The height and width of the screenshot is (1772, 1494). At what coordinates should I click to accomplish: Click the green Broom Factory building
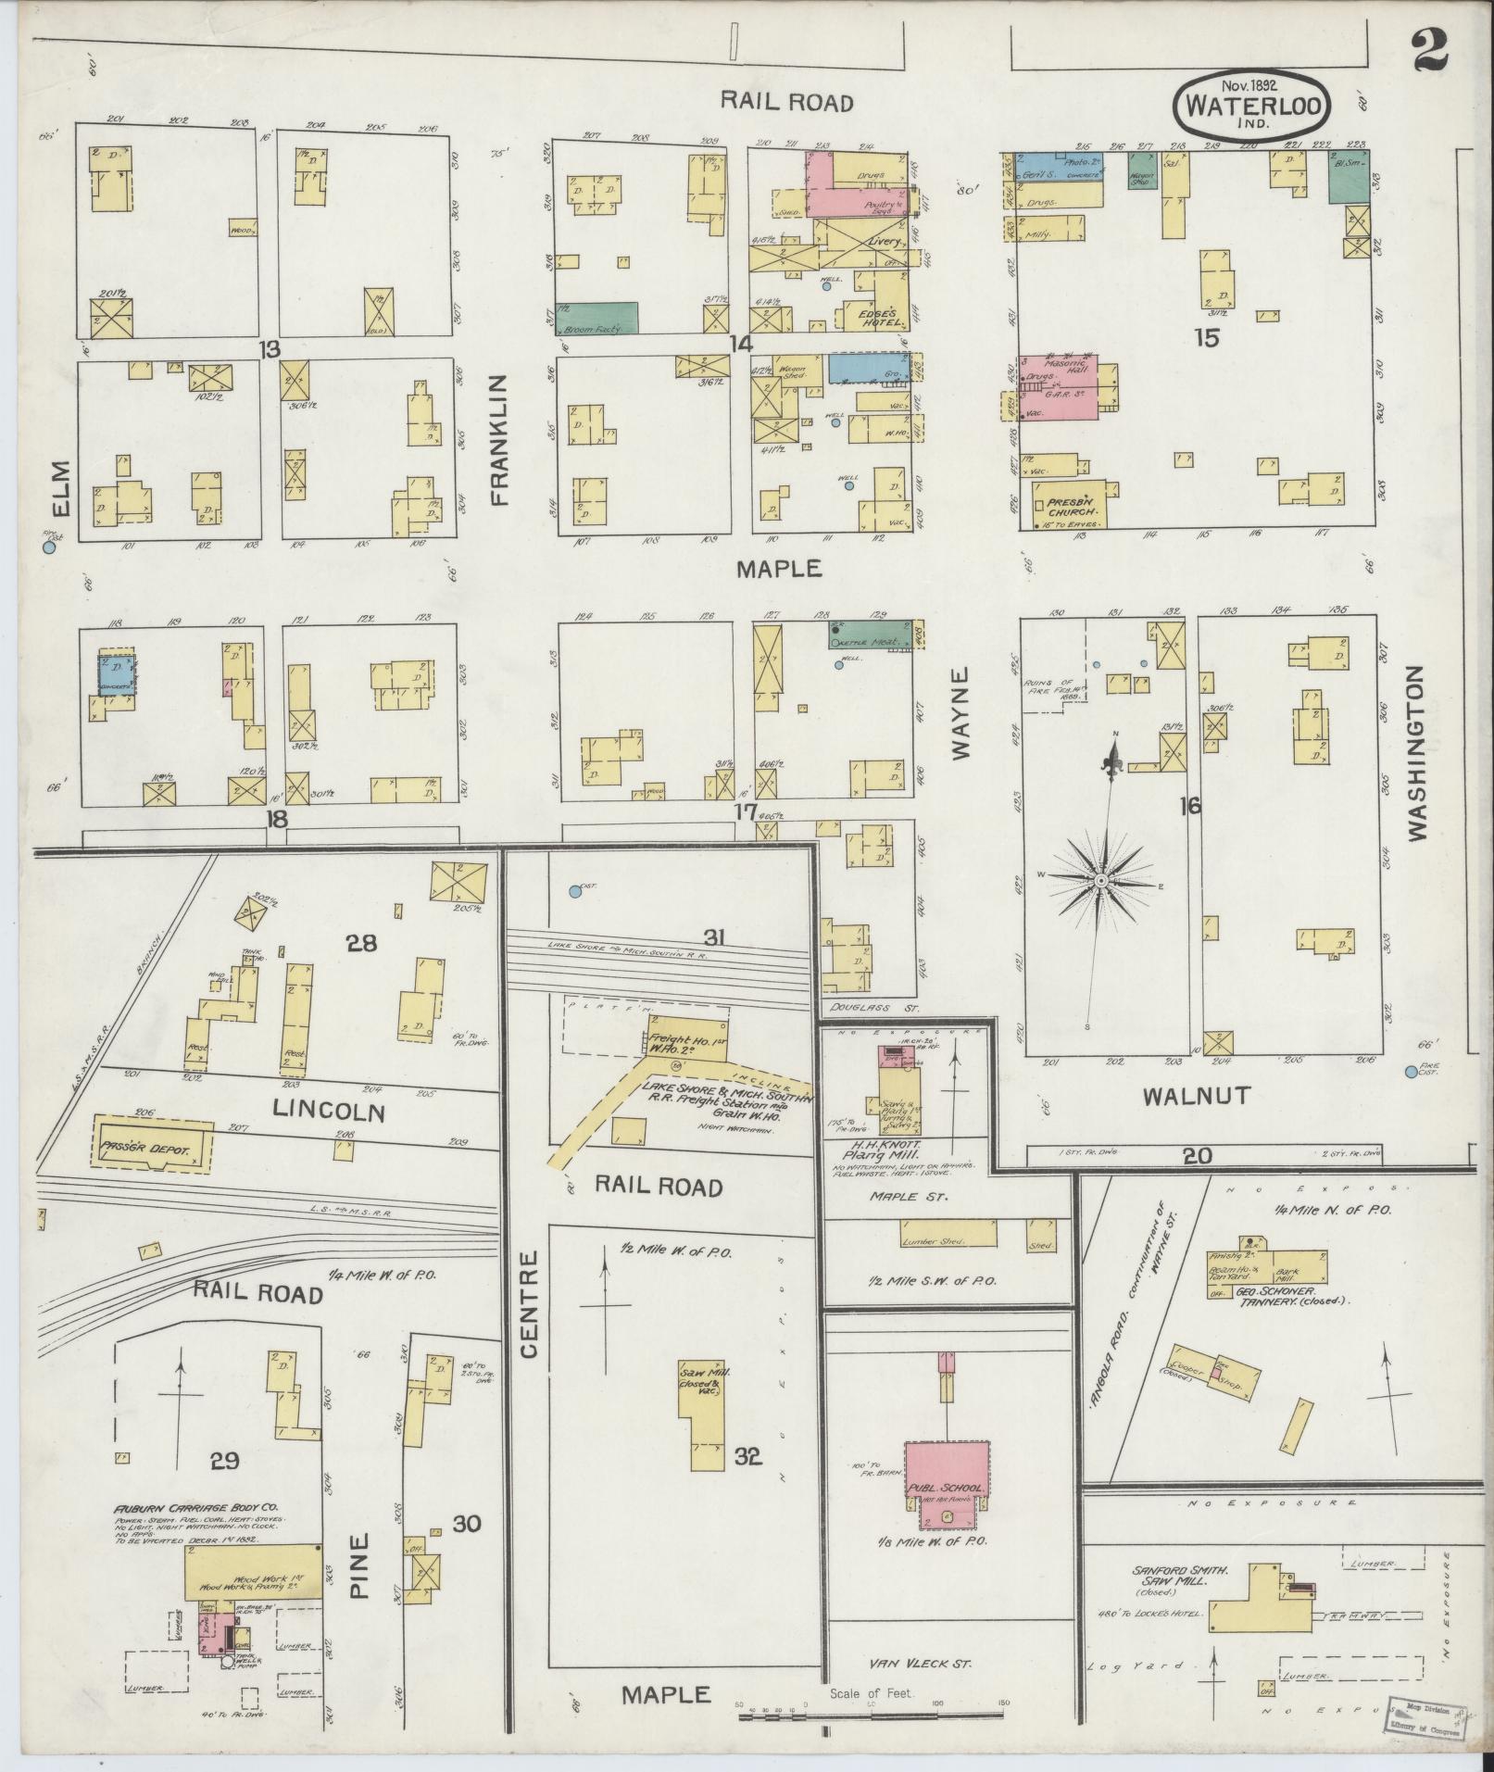click(x=599, y=318)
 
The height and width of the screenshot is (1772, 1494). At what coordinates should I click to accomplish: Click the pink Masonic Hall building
click(x=1058, y=386)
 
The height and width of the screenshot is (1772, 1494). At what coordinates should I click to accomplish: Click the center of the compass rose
click(x=1100, y=880)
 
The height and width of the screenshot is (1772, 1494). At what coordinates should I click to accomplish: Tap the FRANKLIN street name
click(x=501, y=439)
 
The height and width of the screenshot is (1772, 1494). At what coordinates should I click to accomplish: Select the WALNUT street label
click(x=1196, y=1097)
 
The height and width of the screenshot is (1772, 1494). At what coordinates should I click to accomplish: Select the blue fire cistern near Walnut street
click(x=1411, y=1072)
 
